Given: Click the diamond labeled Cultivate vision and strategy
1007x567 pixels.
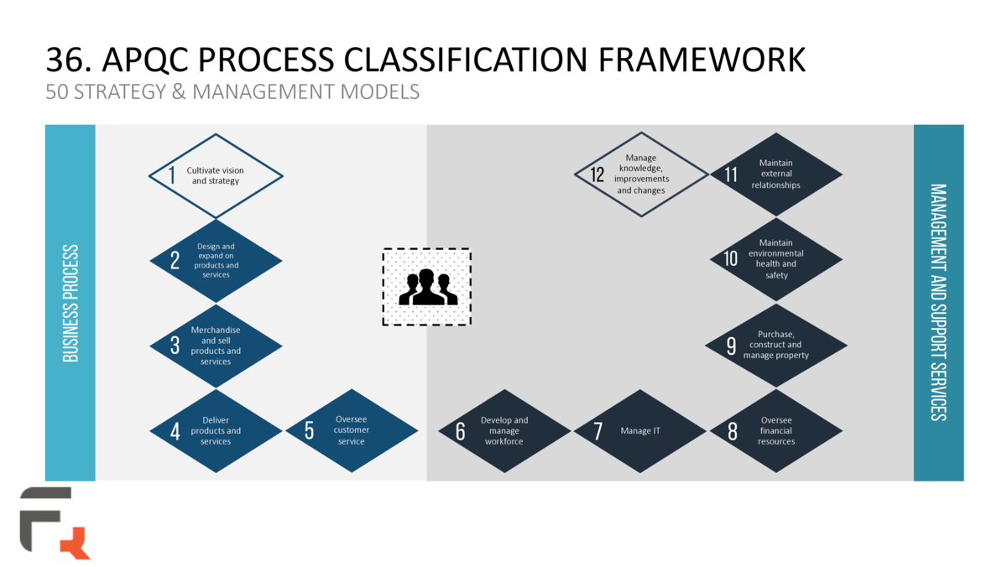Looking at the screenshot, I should (216, 176).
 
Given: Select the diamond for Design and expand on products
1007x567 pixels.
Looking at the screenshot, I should (216, 261).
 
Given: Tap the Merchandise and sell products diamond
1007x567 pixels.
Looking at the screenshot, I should (216, 346).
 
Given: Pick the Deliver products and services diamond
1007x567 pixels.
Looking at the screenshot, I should (216, 431).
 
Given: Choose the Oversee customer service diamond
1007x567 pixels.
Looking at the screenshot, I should (351, 431).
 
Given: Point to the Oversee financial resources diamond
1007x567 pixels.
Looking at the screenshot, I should (775, 431).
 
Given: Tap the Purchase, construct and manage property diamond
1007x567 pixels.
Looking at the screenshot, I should (775, 345).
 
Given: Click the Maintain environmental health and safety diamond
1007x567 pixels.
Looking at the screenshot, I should (775, 259).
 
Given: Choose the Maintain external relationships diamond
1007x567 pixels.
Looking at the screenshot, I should (775, 174).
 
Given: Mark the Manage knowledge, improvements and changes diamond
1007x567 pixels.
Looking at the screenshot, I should (641, 174).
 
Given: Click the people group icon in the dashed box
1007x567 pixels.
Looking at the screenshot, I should (427, 287).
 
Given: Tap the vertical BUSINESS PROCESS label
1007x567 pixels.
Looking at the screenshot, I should (70, 303).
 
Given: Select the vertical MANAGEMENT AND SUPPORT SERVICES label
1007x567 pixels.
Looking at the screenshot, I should (938, 303).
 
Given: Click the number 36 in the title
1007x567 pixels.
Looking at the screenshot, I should (64, 60).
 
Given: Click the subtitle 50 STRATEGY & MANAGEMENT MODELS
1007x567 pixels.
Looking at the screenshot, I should (232, 91).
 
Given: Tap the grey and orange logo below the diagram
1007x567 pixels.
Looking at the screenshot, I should (55, 522).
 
